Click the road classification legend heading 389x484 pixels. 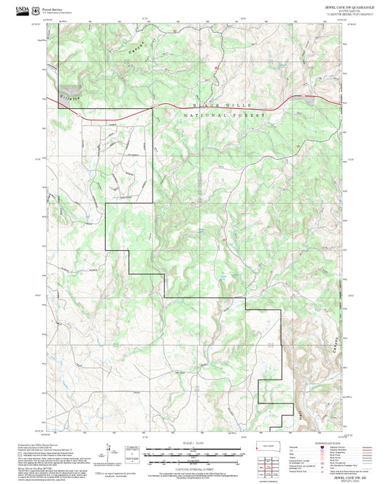click(328, 442)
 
